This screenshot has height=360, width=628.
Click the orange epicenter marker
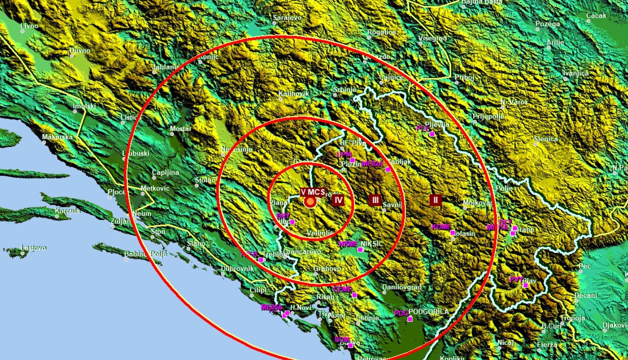pyautogui.click(x=310, y=202)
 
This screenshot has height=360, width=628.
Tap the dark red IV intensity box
pyautogui.click(x=338, y=200)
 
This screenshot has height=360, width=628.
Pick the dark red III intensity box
pyautogui.click(x=375, y=200)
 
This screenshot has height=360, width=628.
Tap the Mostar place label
pyautogui.click(x=180, y=129)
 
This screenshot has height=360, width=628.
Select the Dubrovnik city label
pyautogui.click(x=237, y=268)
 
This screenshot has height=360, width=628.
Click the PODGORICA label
pyautogui.click(x=428, y=311)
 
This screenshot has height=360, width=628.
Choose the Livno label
pyautogui.click(x=29, y=26)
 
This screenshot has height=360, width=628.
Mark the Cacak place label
pyautogui.click(x=596, y=16)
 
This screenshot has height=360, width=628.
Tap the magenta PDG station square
pyautogui.click(x=410, y=319)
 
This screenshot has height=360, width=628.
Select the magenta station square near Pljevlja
pyautogui.click(x=432, y=134)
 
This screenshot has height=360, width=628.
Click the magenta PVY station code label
pyautogui.click(x=516, y=279)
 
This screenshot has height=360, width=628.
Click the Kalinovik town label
pyautogui.click(x=293, y=93)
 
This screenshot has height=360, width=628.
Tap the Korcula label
pyautogui.click(x=67, y=211)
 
